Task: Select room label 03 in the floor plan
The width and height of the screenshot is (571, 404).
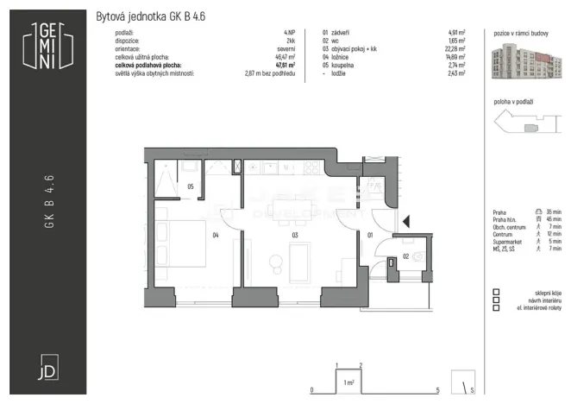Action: [x=295, y=233]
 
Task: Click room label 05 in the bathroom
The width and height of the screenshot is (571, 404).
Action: [x=191, y=185]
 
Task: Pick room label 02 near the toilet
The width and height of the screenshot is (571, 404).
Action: [x=406, y=256]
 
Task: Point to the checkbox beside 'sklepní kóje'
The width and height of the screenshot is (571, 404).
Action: [x=497, y=294]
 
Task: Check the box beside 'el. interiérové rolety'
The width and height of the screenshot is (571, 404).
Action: [x=497, y=307]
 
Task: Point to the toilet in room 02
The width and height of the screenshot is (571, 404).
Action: [x=419, y=256]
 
